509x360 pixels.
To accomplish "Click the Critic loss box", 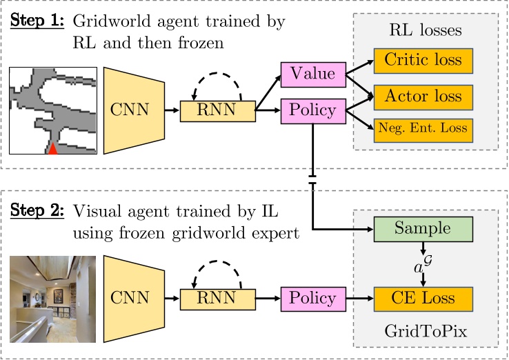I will tap(423, 61).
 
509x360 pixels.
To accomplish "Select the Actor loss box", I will tap(423, 94).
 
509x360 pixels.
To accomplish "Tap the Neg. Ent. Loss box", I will tap(423, 128).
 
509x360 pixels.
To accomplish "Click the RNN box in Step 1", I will tap(217, 111).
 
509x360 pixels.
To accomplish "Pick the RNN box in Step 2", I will tap(217, 299).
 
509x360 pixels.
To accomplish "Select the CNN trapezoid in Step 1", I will tap(134, 110).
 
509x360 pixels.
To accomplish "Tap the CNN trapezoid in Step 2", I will tap(134, 299).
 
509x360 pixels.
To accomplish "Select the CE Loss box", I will tap(423, 299).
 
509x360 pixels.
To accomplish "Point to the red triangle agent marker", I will tap(53, 148).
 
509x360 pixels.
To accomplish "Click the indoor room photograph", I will tap(53, 299).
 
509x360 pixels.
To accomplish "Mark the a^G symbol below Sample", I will tap(422, 263).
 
